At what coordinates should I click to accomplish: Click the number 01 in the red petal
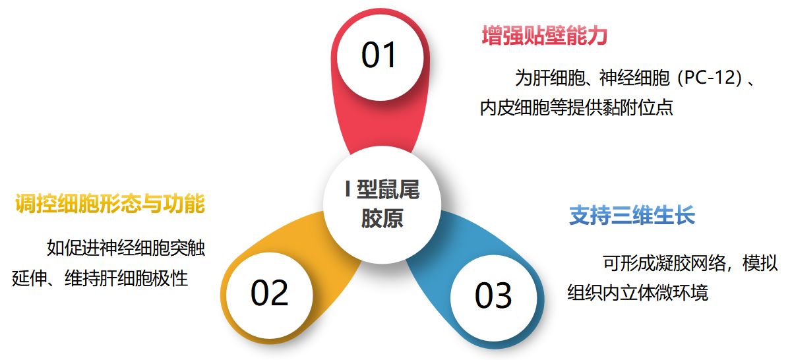(x=379, y=55)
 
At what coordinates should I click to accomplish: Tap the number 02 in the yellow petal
(x=270, y=292)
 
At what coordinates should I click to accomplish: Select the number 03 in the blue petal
(x=493, y=295)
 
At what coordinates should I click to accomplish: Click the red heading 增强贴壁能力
(x=544, y=36)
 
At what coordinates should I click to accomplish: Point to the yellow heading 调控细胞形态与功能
(x=109, y=204)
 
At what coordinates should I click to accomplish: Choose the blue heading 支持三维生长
(x=632, y=216)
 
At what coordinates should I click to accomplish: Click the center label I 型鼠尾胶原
(x=382, y=204)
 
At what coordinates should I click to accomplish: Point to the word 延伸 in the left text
(x=29, y=278)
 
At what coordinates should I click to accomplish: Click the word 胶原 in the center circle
(x=382, y=219)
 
